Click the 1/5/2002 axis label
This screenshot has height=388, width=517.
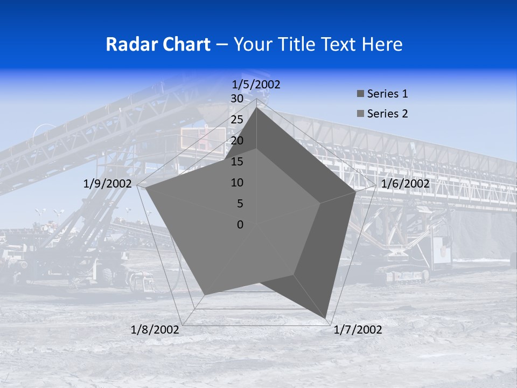[256, 85]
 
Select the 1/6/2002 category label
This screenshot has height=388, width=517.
[405, 184]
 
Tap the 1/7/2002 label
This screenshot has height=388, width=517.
[358, 330]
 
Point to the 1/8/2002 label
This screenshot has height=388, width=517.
[155, 330]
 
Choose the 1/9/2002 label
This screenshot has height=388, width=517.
[108, 184]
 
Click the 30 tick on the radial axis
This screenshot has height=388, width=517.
[237, 99]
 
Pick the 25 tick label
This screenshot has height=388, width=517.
[237, 120]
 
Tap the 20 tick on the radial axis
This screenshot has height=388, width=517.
[237, 141]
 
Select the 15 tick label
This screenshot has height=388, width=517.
[237, 162]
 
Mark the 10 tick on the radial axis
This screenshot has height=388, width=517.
[237, 183]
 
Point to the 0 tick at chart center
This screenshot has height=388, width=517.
[240, 225]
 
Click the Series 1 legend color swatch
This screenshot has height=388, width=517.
[360, 94]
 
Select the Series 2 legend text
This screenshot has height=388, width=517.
[387, 114]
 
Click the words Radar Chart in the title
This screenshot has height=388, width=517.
[157, 44]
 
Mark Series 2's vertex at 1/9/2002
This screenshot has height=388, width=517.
[146, 188]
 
